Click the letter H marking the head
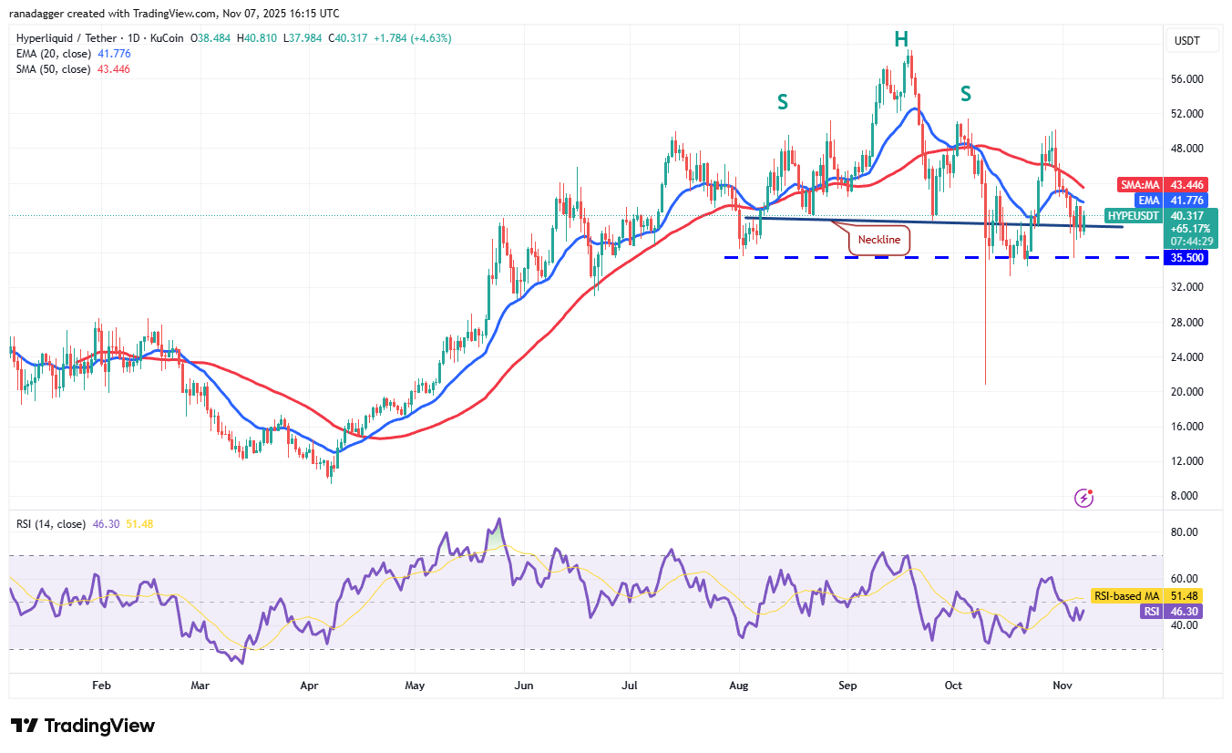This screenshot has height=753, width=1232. [900, 38]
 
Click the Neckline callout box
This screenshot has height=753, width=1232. [879, 240]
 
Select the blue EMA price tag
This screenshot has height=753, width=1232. [1146, 200]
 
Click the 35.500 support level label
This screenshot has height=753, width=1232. [1188, 258]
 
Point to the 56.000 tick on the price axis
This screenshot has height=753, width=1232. [1188, 79]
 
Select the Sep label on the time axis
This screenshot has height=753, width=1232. [848, 684]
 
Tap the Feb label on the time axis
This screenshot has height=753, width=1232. [101, 684]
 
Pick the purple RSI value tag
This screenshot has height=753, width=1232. [1151, 612]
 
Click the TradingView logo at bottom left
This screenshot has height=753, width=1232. [83, 726]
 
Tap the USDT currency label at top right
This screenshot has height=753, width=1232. [1188, 41]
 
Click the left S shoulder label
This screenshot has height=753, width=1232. [782, 102]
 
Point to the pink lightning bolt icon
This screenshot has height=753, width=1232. [1083, 498]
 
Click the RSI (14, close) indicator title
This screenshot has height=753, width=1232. [51, 524]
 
